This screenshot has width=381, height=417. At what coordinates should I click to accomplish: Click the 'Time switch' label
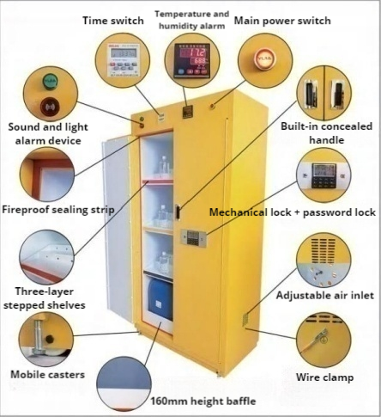pos(113,21)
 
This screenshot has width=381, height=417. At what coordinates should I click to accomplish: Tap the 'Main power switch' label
pos(282,21)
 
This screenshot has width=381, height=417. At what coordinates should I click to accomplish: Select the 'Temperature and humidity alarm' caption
pos(191,20)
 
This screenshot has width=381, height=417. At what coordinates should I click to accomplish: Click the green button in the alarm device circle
pos(50,81)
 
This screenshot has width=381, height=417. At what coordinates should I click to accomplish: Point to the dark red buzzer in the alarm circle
pos(50,107)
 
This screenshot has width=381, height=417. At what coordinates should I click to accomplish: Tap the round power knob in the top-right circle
pos(265,59)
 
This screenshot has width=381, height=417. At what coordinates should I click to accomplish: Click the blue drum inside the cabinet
pos(160,299)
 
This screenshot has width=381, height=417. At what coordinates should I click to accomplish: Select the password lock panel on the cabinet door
pos(193,237)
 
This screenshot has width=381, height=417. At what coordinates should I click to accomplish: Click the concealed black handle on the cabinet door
pos(178,212)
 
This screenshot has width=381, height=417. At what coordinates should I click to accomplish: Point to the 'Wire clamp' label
pos(324,377)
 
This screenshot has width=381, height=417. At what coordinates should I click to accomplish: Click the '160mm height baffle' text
pos(203,401)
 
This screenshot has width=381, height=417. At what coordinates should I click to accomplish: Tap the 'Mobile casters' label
pos(48,374)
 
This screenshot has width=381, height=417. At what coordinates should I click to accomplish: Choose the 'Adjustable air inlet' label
pos(325,296)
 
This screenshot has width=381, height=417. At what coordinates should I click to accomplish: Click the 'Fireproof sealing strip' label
pos(58,210)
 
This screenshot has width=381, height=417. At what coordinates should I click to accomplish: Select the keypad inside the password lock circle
pos(324,181)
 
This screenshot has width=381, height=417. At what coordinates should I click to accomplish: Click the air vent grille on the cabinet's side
pos(245,320)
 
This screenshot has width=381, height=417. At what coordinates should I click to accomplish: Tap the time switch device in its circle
pos(124,60)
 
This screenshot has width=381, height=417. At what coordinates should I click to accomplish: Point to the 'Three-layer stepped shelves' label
pos(45,298)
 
